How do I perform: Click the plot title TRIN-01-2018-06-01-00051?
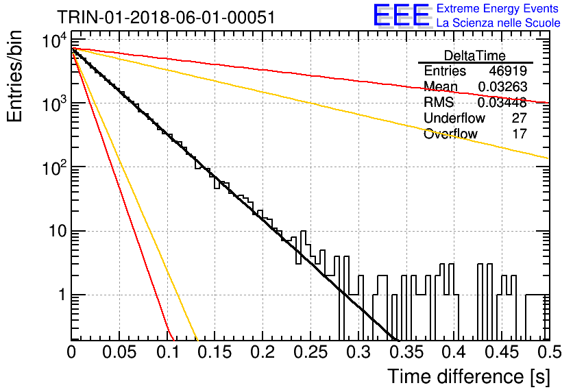point(166,17)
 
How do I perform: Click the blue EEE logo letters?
point(401,15)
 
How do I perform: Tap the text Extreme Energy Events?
point(498,8)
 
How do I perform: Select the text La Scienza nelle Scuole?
point(498,23)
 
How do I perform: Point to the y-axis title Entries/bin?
point(14,76)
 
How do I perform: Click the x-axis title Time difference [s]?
point(469,376)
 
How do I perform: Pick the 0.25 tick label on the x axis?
point(310,352)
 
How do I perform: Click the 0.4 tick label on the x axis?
point(454,352)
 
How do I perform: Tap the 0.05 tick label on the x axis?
point(119,352)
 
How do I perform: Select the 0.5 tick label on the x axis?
point(549,352)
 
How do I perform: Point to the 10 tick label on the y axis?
point(58,231)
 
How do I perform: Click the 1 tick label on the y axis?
point(63,295)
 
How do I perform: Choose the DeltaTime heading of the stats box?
point(475,56)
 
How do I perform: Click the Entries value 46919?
point(508,71)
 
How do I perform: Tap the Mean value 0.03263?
point(502,86)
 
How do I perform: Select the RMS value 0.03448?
point(502,102)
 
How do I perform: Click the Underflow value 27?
point(519,118)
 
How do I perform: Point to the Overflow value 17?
point(520,134)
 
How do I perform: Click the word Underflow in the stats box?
point(454,118)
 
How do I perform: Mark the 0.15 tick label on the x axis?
point(215,352)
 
